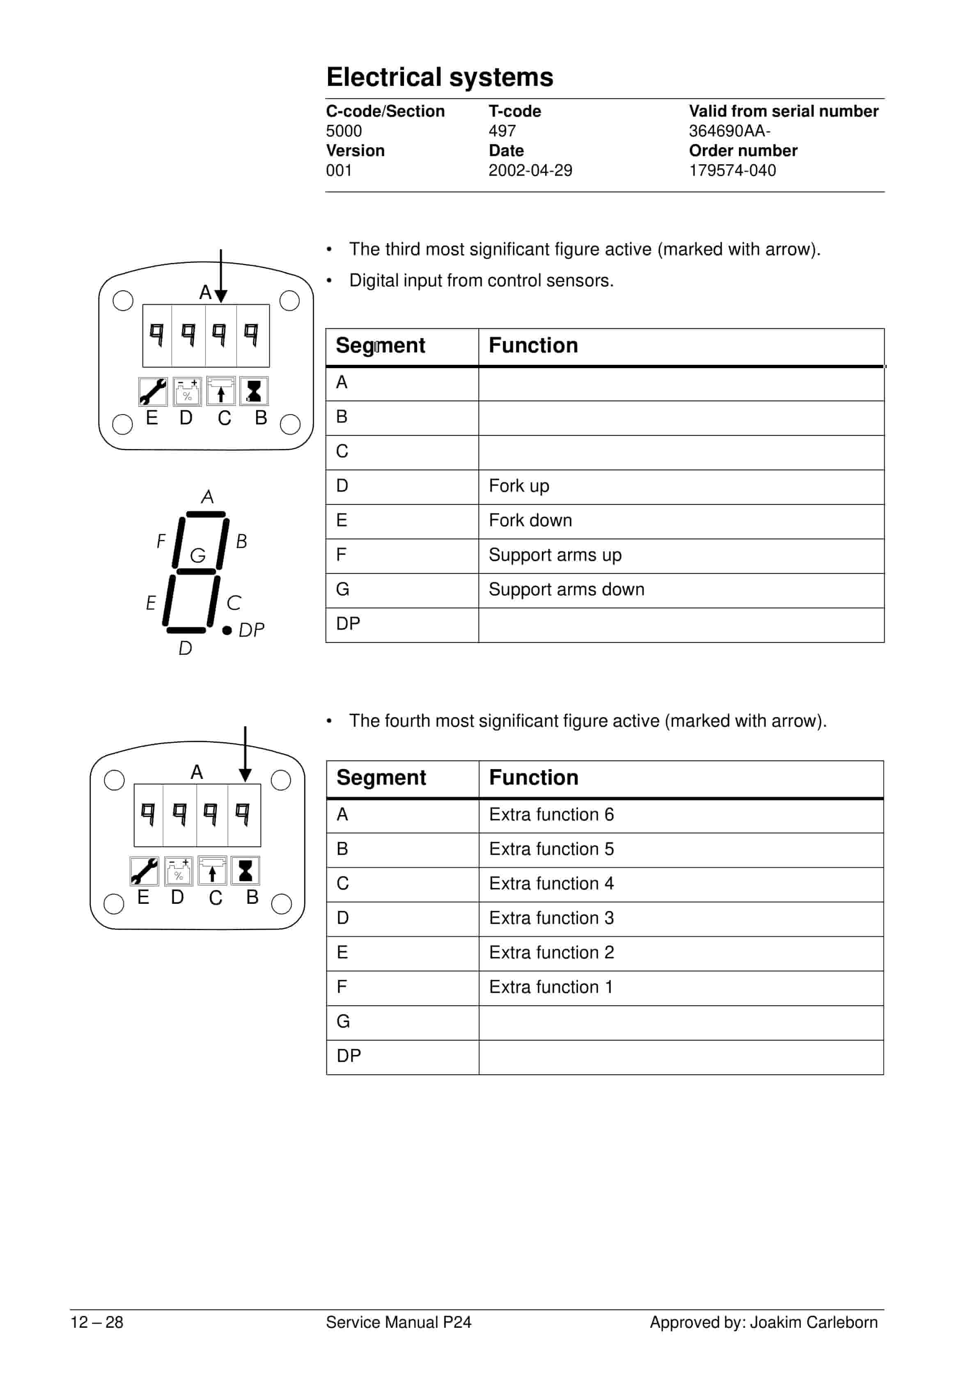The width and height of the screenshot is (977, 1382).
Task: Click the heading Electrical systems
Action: point(439,78)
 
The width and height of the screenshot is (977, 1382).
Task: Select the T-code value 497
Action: point(502,131)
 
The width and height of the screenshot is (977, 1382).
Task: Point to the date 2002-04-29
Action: point(530,170)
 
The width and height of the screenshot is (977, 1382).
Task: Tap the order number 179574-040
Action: point(732,170)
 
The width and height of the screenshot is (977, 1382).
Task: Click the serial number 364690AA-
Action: point(729,131)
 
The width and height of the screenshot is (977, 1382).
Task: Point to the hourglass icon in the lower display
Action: point(245,871)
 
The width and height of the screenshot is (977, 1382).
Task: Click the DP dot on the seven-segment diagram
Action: point(227,630)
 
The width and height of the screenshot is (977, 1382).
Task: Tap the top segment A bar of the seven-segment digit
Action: point(206,515)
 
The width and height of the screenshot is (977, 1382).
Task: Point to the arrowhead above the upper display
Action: point(221,295)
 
